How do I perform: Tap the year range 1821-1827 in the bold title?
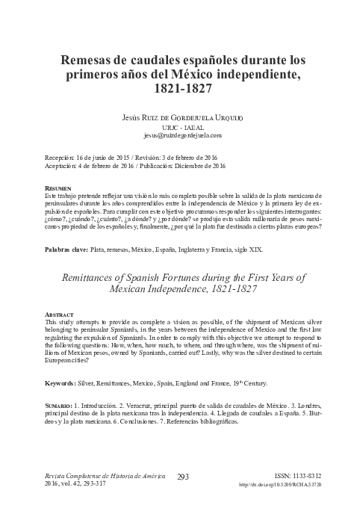point(180,89)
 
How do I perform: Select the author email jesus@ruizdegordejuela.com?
point(180,135)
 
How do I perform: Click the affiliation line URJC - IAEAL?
point(180,127)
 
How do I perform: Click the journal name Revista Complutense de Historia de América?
point(100,476)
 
